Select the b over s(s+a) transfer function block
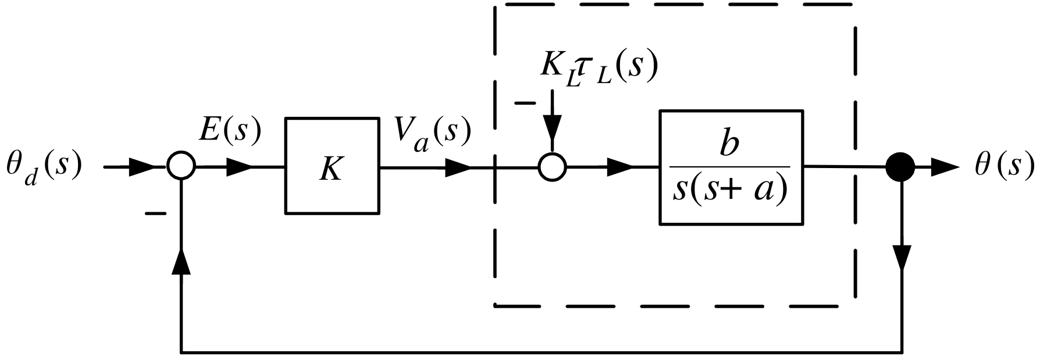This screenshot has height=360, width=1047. (731, 167)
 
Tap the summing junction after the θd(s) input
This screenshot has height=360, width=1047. (181, 167)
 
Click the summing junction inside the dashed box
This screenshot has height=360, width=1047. (552, 167)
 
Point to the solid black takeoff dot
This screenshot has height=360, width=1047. (900, 167)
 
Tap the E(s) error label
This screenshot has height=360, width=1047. (229, 131)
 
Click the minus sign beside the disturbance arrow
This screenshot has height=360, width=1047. (525, 104)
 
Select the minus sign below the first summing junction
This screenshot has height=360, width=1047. (155, 214)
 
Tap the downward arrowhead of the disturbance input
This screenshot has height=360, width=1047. (552, 129)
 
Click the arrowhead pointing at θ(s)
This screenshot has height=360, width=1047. (943, 167)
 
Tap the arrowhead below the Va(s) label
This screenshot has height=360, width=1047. (456, 167)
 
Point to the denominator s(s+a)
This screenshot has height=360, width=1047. (731, 191)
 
